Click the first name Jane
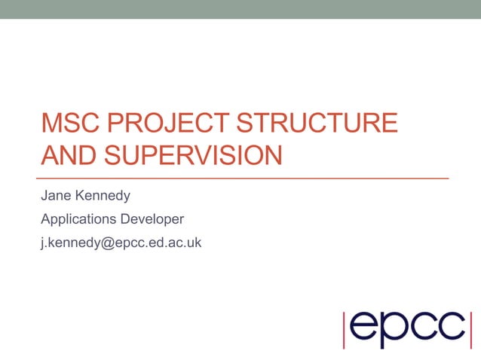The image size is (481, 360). point(55,196)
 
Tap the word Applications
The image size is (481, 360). point(78,220)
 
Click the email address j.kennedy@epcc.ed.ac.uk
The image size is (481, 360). point(121,243)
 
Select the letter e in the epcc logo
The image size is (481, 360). point(365,326)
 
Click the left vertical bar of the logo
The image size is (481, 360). point(345,328)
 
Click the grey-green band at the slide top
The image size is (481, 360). point(240,9)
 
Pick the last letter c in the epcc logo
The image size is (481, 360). point(450,326)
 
